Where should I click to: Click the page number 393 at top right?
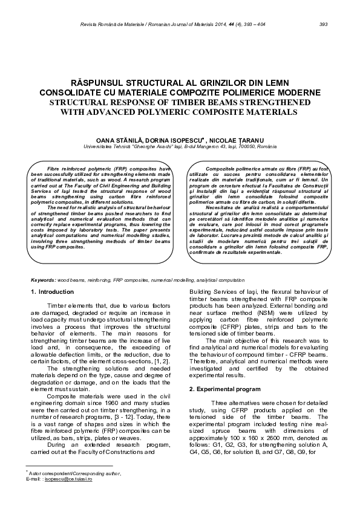[x=323, y=24]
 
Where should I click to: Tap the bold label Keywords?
[x=44, y=280]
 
